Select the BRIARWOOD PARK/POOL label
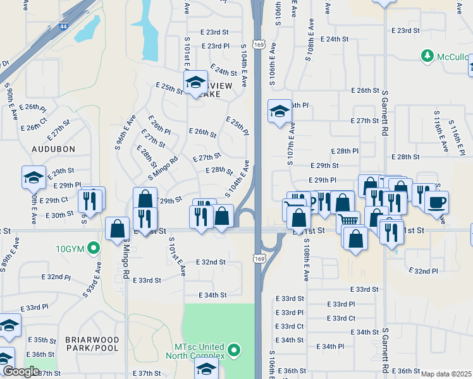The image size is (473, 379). [92, 344]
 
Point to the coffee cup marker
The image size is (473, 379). [436, 203]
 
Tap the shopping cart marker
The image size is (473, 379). [346, 221]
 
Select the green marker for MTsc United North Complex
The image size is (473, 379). [235, 349]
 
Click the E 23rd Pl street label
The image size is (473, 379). [216, 46]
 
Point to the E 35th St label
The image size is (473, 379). [42, 340]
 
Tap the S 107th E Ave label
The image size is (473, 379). [291, 145]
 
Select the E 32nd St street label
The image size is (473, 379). [211, 262]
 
